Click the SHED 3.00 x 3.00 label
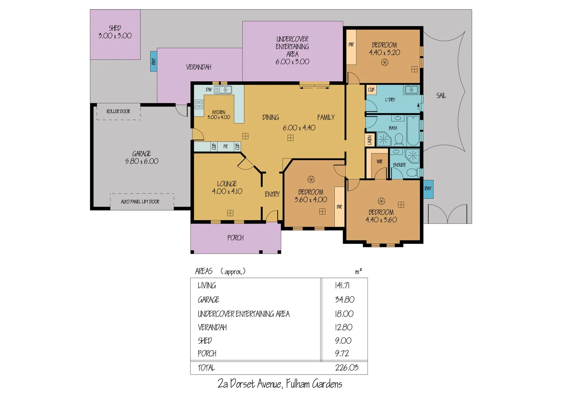click(115, 32)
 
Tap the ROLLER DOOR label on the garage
click(118, 111)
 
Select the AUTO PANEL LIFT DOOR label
click(140, 202)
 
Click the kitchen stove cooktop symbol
click(199, 104)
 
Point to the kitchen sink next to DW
click(223, 90)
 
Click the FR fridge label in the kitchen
click(225, 147)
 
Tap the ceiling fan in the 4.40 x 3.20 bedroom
click(384, 62)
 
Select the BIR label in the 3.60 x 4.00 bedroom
click(339, 207)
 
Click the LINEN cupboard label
click(370, 140)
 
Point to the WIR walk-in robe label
click(379, 161)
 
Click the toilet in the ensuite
click(412, 172)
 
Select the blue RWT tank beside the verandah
click(153, 61)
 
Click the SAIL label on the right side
click(441, 96)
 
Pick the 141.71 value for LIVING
click(342, 286)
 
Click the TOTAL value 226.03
click(346, 368)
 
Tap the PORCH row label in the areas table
click(207, 354)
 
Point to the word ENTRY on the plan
click(272, 194)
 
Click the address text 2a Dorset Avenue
click(250, 384)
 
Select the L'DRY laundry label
click(390, 100)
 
